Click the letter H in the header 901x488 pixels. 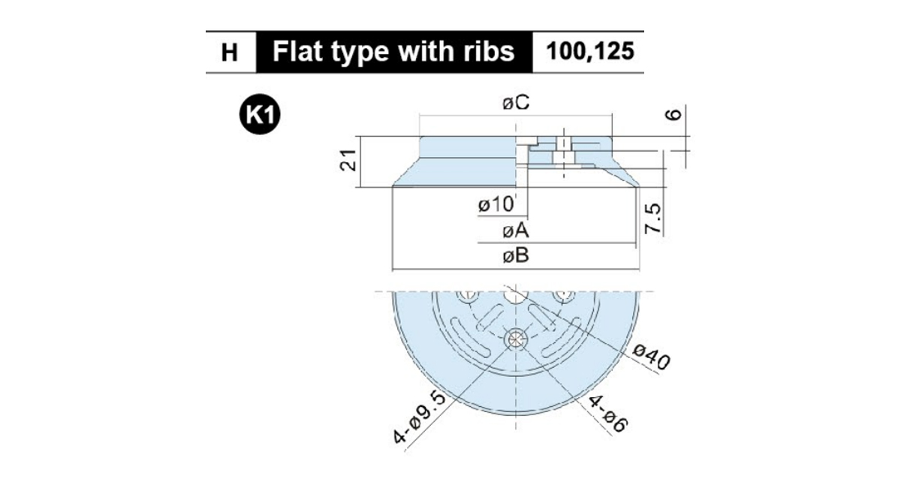coord(229,53)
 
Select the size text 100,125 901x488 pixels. coord(589,51)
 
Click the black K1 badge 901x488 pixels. coord(260,114)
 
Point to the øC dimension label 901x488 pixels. coord(516,103)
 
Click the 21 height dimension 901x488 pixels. coord(348,160)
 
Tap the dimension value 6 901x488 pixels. coord(673,115)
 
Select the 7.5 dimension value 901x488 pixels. coord(652,218)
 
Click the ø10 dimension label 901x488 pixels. coord(496,205)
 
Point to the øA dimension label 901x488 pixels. coord(516,231)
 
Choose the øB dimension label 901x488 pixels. coord(516,255)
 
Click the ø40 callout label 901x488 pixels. coord(651,357)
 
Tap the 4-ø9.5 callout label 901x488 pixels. coord(420,419)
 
